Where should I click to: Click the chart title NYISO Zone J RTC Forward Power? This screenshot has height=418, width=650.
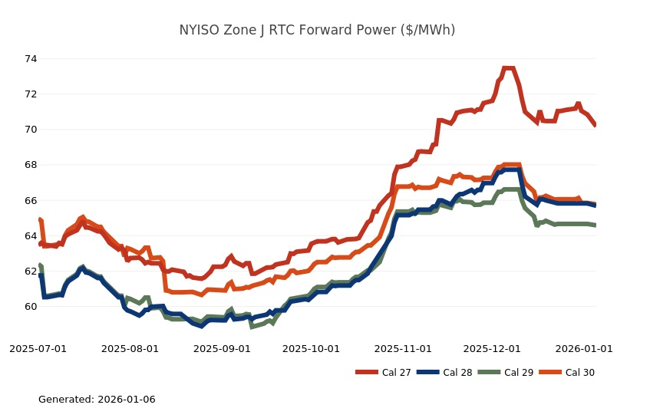pos(317,30)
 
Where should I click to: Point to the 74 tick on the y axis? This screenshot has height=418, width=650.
pos(31,59)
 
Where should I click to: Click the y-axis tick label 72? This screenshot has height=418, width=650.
pos(31,94)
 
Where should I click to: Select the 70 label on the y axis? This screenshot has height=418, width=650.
pos(31,130)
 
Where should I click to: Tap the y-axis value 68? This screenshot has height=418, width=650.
pos(31,165)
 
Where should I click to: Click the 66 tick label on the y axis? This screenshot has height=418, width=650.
pos(31,200)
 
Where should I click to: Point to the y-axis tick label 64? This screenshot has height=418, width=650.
pos(31,236)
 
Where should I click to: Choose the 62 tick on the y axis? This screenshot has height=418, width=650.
pos(31,272)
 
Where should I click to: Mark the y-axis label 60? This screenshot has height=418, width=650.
pos(31,307)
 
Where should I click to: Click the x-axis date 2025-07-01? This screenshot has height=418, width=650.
pos(38,348)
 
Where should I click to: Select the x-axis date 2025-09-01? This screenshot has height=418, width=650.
pos(222,348)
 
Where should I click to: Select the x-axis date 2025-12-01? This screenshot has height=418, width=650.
pos(492,348)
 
